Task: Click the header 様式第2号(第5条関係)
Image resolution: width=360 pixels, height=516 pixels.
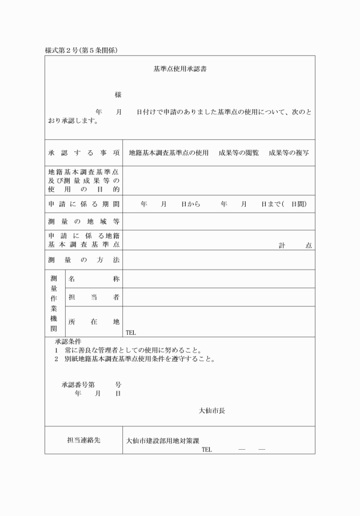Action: click(x=82, y=51)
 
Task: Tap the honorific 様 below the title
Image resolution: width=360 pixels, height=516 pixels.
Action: click(x=118, y=95)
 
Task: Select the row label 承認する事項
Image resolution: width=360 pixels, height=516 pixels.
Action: click(x=83, y=153)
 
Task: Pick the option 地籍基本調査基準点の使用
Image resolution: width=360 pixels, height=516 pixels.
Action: click(x=169, y=153)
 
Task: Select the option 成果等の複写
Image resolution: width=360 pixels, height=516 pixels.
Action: click(x=289, y=153)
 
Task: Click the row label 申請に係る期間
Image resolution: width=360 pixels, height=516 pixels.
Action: click(x=83, y=204)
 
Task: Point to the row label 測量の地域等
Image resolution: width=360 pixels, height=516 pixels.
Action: click(x=83, y=222)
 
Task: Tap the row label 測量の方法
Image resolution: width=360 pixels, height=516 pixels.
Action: click(x=83, y=260)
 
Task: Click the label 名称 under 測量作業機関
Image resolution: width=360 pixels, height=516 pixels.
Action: click(x=94, y=279)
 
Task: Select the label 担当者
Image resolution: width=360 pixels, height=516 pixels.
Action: click(x=94, y=297)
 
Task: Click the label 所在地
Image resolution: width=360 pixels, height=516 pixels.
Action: click(x=94, y=322)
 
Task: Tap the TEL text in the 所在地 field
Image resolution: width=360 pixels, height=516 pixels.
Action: click(x=131, y=332)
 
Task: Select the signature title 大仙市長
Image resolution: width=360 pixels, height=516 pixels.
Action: click(x=212, y=410)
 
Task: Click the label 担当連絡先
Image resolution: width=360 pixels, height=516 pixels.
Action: click(x=83, y=441)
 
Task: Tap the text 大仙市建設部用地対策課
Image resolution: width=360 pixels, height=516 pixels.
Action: click(x=162, y=441)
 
